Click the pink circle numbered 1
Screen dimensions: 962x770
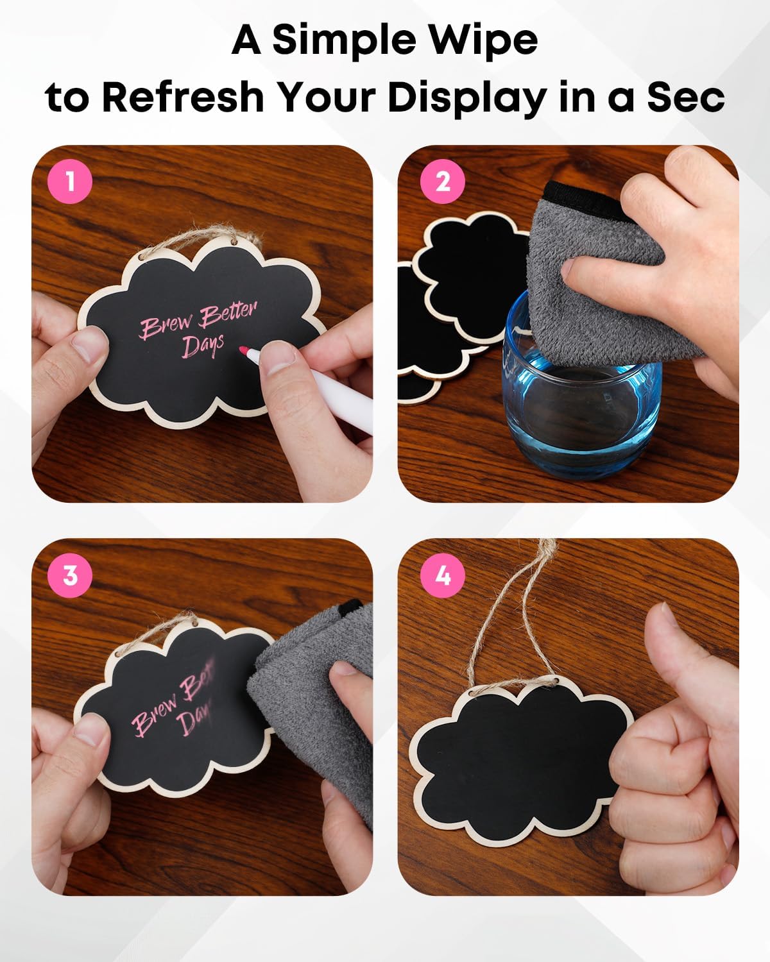coord(69,182)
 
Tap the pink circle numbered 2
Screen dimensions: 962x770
coord(443,182)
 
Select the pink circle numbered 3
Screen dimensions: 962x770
coord(69,575)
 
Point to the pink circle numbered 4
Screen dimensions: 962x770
coord(443,576)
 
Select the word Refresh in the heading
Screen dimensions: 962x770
coord(183,97)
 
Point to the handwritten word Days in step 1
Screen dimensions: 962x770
coord(202,344)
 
